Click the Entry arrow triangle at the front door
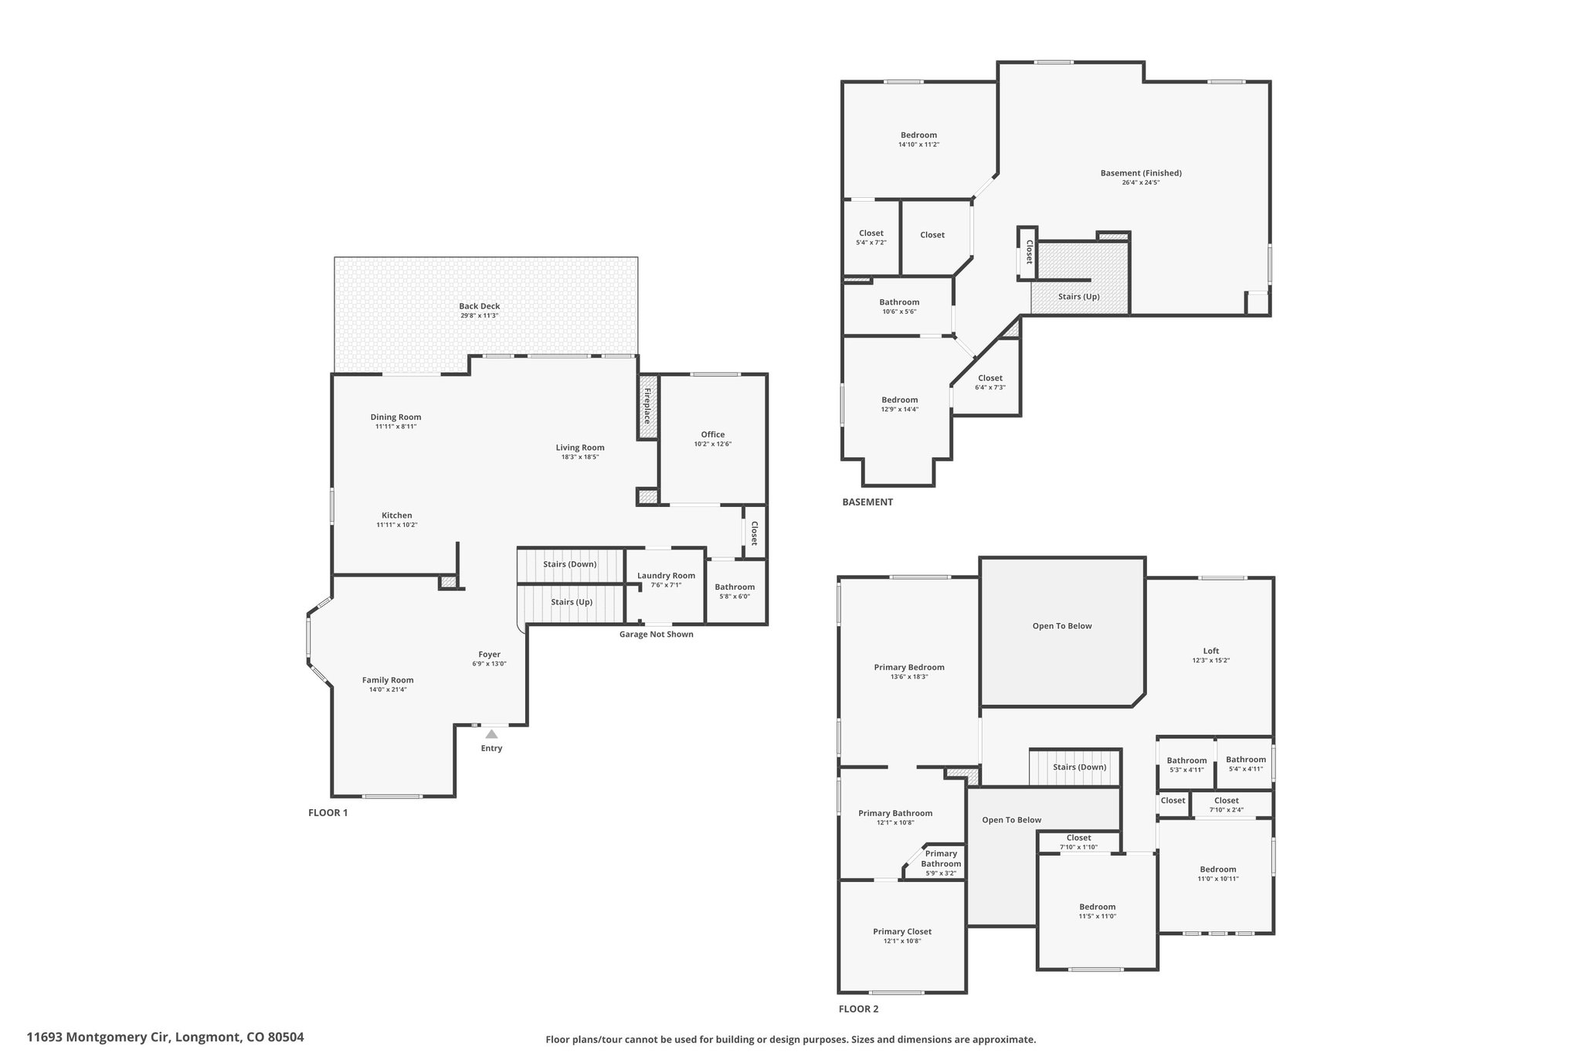tap(491, 733)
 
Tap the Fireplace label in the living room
tap(647, 407)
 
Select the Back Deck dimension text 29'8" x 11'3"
tap(479, 315)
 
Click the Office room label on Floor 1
tap(712, 434)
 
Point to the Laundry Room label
tap(666, 575)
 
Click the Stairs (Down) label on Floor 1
tap(569, 564)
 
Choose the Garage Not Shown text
tap(656, 635)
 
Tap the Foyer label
tap(489, 654)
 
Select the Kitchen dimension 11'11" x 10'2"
tap(396, 525)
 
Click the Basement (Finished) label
tap(1140, 173)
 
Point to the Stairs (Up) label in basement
tap(1078, 297)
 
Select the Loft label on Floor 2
tap(1210, 651)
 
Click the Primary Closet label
tap(901, 931)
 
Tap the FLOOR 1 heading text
tap(328, 812)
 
